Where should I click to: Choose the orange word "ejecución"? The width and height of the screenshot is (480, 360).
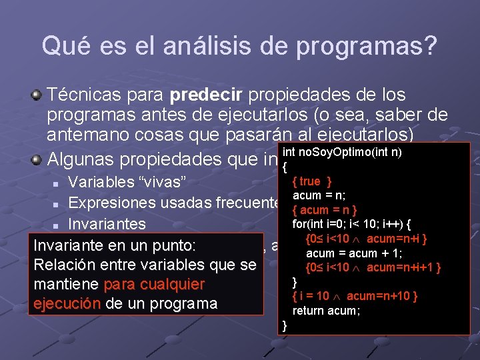pos(67,304)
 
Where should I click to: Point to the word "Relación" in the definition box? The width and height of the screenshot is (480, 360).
pos(65,265)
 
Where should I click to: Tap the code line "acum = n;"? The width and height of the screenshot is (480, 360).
pos(318,195)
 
